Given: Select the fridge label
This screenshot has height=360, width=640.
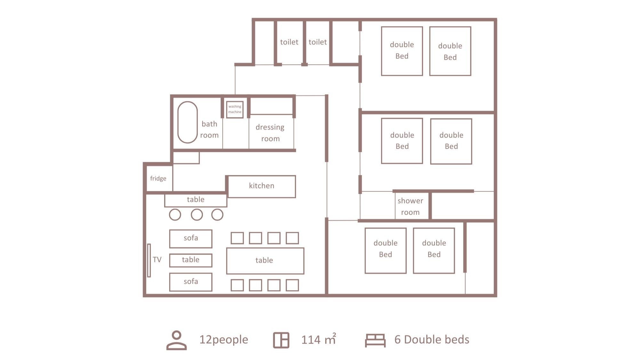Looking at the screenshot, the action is [158, 178].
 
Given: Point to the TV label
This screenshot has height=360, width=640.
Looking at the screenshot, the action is [157, 260].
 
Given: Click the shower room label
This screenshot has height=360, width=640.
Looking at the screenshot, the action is [410, 206].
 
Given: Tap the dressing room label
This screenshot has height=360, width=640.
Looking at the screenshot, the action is [270, 133].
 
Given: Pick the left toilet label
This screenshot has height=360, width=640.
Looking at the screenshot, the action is [289, 42].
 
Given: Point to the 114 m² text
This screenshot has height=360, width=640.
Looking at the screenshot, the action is [319, 339].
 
